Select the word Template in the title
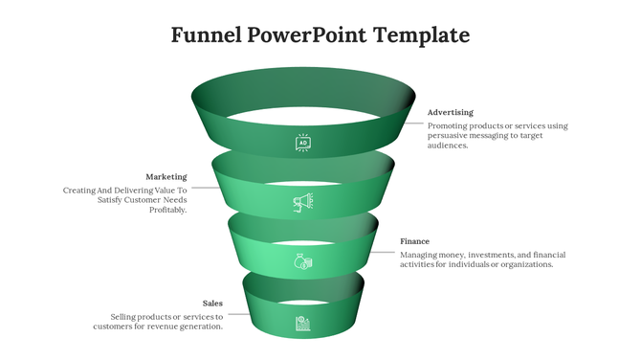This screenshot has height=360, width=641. point(422,36)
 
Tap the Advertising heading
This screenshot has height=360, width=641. point(450,113)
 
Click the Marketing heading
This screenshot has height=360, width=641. point(166,177)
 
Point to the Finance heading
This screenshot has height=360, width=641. point(414,241)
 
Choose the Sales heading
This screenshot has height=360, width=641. point(212,304)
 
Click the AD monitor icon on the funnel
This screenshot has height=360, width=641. point(303,144)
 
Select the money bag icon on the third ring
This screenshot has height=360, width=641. point(302,261)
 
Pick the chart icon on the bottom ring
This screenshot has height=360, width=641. point(302,323)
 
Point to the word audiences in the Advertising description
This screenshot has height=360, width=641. point(447,146)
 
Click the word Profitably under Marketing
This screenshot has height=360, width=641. point(168,211)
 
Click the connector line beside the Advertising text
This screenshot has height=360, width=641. point(413,123)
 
